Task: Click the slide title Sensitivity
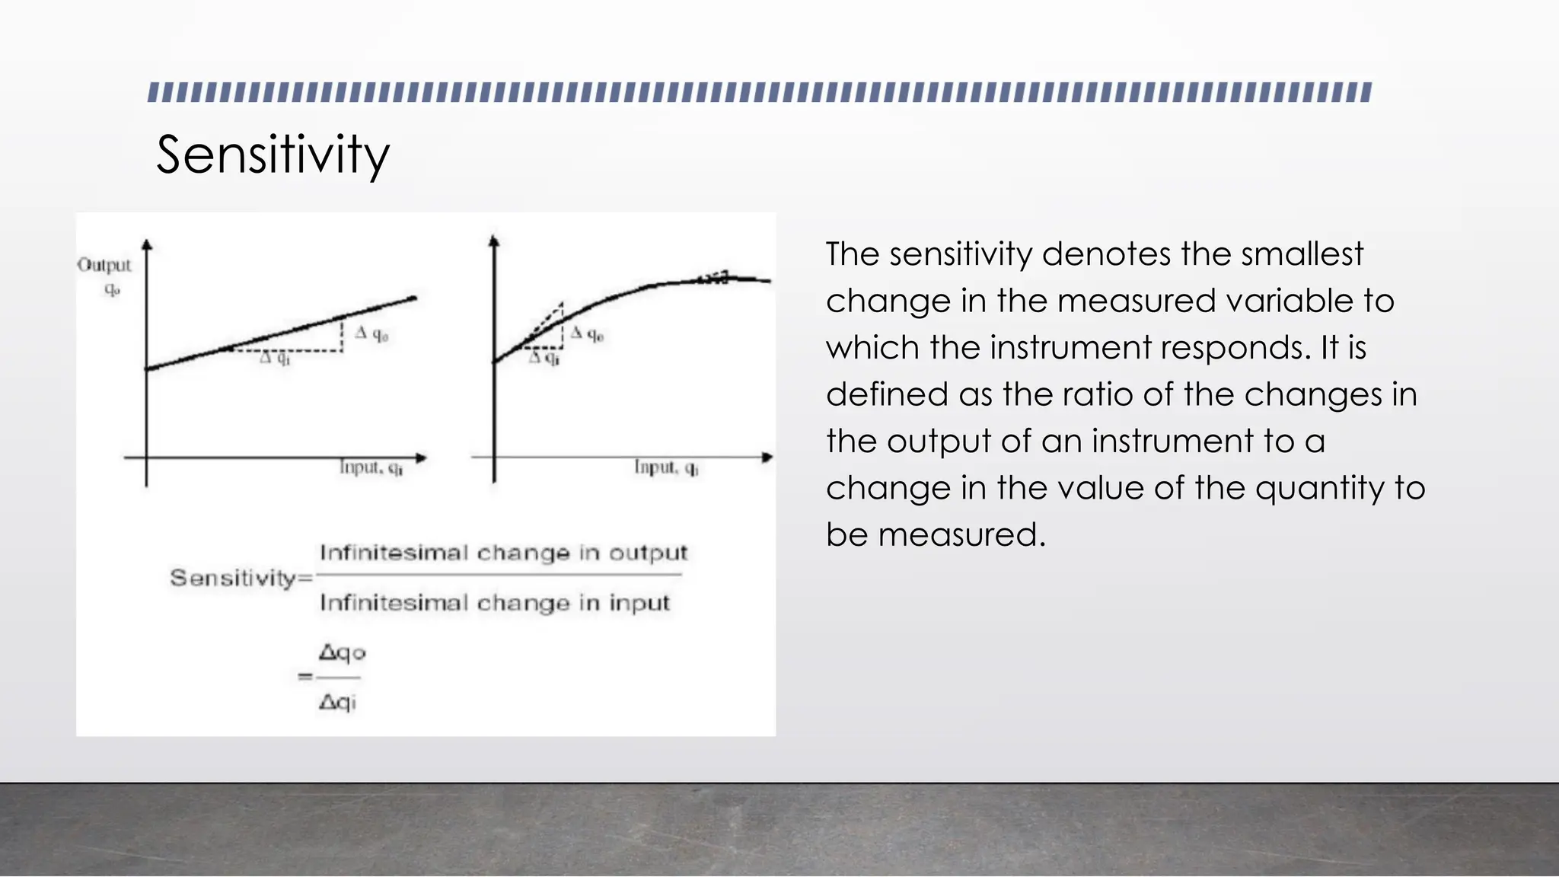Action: click(273, 155)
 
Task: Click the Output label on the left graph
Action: click(104, 266)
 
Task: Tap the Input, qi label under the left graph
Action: click(371, 467)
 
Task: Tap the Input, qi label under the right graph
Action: click(666, 467)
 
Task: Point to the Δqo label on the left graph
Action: click(371, 333)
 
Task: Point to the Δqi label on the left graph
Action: click(275, 358)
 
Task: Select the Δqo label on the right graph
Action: click(587, 333)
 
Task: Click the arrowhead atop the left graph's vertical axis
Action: click(147, 244)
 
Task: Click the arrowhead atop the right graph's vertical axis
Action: click(494, 241)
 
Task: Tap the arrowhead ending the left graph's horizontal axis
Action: click(421, 458)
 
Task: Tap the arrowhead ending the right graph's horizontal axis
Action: click(767, 458)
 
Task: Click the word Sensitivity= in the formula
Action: click(241, 578)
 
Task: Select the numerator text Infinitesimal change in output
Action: click(503, 553)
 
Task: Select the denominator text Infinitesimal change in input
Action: click(495, 603)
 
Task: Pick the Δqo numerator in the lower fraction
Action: click(342, 653)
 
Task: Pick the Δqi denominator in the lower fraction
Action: click(337, 702)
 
